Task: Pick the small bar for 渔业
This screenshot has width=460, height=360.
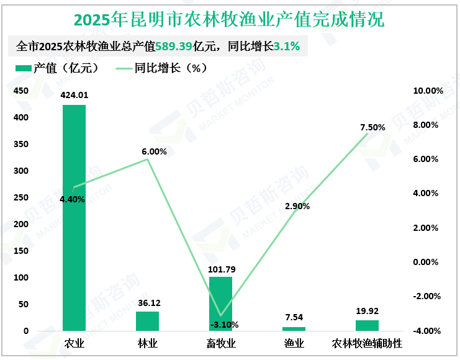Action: click(294, 328)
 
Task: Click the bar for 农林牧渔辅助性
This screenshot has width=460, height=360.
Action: click(367, 325)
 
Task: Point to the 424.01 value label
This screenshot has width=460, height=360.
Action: click(74, 95)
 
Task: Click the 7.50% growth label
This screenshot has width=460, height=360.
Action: click(372, 127)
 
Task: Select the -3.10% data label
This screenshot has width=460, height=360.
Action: click(224, 324)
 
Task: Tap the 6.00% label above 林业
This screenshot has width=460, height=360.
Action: click(154, 151)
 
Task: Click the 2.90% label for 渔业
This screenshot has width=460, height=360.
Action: click(297, 206)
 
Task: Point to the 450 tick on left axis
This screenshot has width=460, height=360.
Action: click(21, 91)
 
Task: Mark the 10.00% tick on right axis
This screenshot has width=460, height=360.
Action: click(428, 91)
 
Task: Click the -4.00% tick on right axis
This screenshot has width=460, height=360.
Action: click(428, 331)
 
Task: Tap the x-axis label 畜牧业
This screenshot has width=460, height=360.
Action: click(220, 343)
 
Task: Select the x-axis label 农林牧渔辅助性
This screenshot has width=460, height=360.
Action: click(367, 343)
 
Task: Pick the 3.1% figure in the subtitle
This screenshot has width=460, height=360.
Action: click(287, 46)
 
